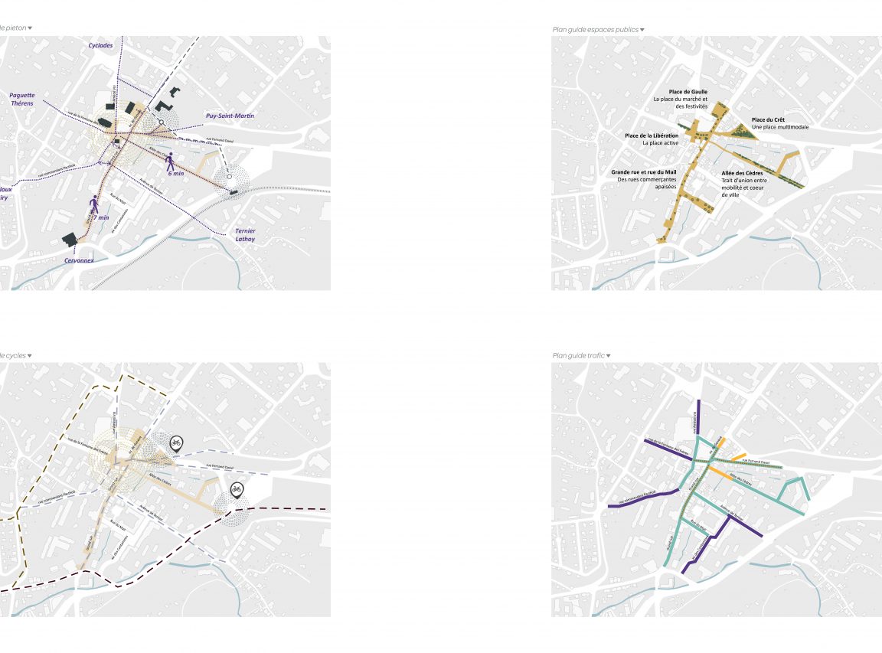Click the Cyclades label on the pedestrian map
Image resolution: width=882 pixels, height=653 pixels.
coord(100,45)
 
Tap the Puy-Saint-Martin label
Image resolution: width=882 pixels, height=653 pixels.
coord(230,116)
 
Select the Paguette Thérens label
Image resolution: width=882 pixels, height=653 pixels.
coord(21,100)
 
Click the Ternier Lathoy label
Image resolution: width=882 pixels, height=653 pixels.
coord(246,235)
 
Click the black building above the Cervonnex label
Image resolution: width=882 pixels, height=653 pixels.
coord(71,239)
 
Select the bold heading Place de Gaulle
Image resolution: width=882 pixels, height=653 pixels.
coord(688,92)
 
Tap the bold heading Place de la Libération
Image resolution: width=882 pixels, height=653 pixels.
coord(652,135)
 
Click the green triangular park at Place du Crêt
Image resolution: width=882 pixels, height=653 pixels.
coord(740,132)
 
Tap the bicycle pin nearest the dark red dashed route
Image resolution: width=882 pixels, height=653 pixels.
coord(236,490)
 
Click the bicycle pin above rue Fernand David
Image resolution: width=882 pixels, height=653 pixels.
coord(176,442)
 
